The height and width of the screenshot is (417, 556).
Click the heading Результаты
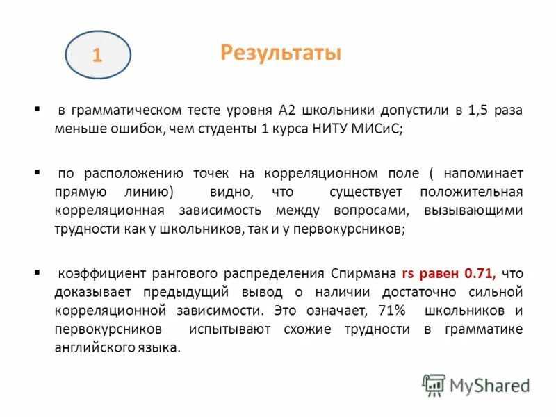[x=280, y=53]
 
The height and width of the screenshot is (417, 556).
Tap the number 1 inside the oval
[x=97, y=56]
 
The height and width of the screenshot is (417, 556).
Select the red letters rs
[x=409, y=274]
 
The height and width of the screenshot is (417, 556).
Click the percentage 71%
[x=392, y=310]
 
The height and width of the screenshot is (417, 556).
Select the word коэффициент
[x=96, y=274]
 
